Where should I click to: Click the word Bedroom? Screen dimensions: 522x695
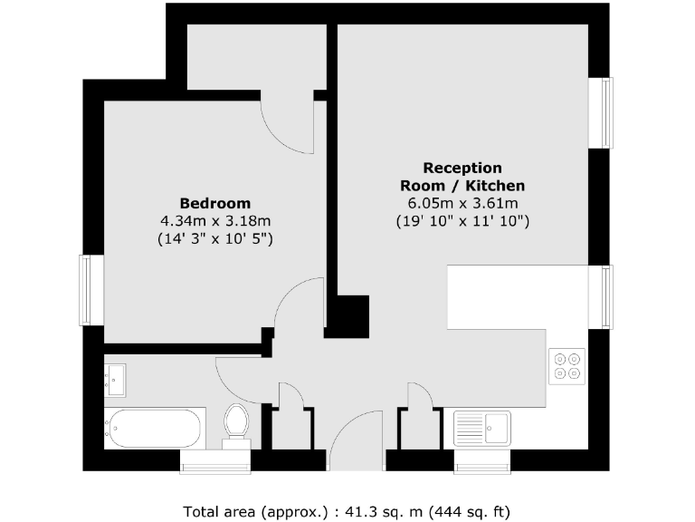tap(215, 203)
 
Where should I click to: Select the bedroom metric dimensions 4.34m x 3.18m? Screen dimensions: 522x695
tap(215, 221)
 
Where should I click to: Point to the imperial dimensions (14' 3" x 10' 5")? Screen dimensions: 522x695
tap(215, 239)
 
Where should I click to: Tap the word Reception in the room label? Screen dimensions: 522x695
tap(462, 168)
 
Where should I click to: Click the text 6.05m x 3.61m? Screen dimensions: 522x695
tap(462, 203)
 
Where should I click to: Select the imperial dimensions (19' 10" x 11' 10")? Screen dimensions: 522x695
tap(462, 221)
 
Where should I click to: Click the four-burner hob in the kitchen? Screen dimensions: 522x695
tap(567, 365)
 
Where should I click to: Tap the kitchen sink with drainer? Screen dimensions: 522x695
tap(482, 428)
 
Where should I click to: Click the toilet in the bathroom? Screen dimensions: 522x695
tap(236, 424)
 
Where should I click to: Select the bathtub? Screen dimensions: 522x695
tap(154, 429)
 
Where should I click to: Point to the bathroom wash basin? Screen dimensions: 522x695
tap(116, 380)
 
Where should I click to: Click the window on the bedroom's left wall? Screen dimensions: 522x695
tap(86, 289)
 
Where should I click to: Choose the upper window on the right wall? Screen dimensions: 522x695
tap(602, 112)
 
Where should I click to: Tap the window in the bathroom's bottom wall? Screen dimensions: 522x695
tap(214, 466)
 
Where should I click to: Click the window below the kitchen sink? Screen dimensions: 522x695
tap(482, 466)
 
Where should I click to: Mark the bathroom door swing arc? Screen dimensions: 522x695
tap(240, 376)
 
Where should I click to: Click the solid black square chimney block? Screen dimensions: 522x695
tap(348, 317)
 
